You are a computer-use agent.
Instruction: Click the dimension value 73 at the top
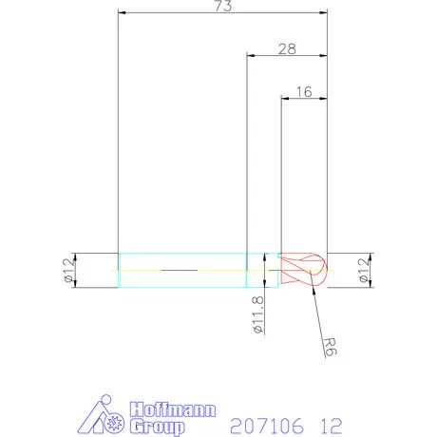tap(222, 7)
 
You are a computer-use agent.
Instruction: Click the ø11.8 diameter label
tap(257, 316)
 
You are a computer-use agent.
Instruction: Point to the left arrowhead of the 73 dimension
tap(121, 12)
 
